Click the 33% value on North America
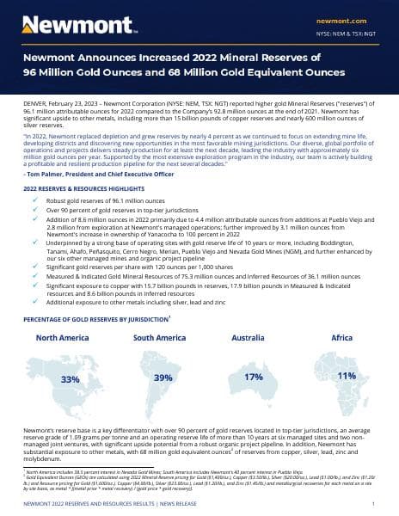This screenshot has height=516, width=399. coord(71,378)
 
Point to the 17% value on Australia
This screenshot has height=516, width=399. coord(253,377)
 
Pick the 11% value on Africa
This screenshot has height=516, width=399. coord(347,376)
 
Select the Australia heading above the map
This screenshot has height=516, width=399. coord(253,338)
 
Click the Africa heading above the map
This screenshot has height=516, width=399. coord(342,338)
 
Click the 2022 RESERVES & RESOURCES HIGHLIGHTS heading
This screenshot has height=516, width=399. coord(90,187)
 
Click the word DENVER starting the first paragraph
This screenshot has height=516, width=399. coord(35,101)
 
